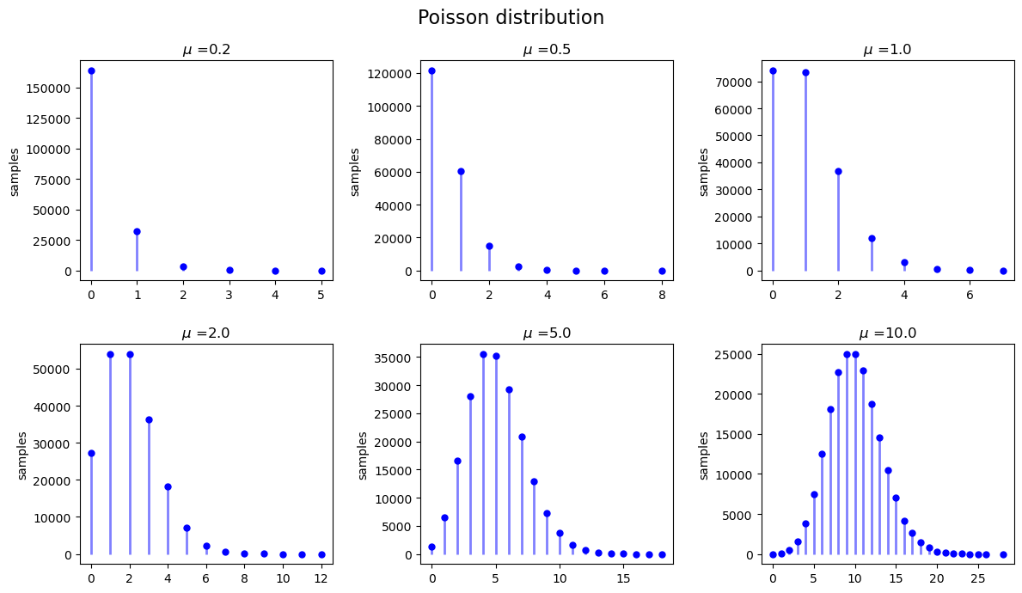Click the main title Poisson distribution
[x=511, y=18]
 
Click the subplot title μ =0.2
[x=206, y=50]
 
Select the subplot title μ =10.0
[x=887, y=333]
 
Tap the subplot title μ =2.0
[x=206, y=333]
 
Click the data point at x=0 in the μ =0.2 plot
[x=91, y=70]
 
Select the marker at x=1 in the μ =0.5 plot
[x=461, y=171]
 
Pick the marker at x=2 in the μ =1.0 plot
[x=838, y=171]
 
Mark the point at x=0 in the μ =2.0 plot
[x=91, y=453]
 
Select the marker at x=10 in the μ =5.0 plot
[x=560, y=533]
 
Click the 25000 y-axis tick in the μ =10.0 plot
[x=736, y=354]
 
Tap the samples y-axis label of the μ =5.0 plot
[x=363, y=455]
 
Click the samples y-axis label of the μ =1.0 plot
[x=703, y=172]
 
